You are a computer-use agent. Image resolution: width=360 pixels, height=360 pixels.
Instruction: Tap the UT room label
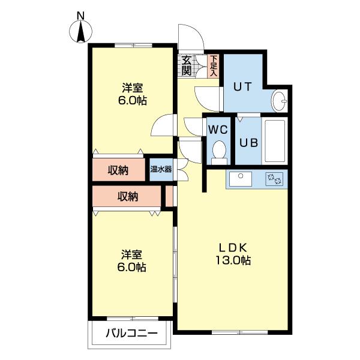coord(242,86)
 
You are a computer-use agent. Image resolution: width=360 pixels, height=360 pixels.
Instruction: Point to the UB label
coord(248,143)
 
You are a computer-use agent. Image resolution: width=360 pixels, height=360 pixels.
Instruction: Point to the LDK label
coord(234,248)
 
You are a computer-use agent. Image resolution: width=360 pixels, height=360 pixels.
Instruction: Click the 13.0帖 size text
coord(234,261)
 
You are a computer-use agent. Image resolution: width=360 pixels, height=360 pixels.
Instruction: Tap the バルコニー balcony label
coord(132,334)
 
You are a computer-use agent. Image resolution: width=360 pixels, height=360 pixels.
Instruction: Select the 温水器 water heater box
coord(161,169)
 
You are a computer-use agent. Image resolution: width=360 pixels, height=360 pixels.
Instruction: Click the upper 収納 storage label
coord(118,170)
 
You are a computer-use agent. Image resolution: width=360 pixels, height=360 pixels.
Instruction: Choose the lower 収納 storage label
coord(128,196)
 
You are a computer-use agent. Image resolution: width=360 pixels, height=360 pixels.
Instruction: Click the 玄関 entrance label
coord(187,65)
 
